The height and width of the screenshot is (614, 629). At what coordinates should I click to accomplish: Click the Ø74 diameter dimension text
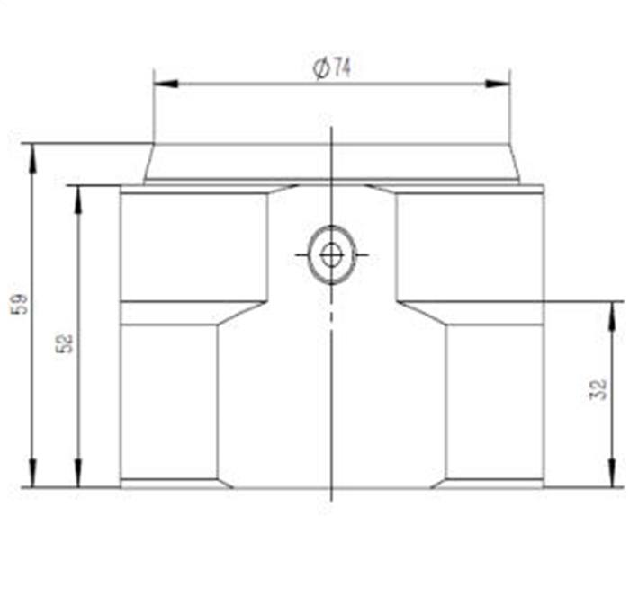pyautogui.click(x=331, y=67)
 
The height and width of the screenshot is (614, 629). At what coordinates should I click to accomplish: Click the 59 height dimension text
pyautogui.click(x=20, y=304)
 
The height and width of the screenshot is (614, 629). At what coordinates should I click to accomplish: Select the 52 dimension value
pyautogui.click(x=65, y=343)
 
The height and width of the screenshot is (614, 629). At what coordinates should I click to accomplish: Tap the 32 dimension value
pyautogui.click(x=598, y=389)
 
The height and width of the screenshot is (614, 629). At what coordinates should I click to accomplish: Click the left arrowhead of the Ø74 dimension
pyautogui.click(x=166, y=84)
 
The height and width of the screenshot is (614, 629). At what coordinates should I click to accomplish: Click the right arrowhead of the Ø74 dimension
pyautogui.click(x=498, y=85)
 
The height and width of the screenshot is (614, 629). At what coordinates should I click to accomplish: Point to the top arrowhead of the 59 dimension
pyautogui.click(x=32, y=158)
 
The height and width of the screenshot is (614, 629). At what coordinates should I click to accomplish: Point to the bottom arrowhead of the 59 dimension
pyautogui.click(x=32, y=473)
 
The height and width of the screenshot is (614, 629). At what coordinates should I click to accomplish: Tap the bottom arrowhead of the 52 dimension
pyautogui.click(x=78, y=474)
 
